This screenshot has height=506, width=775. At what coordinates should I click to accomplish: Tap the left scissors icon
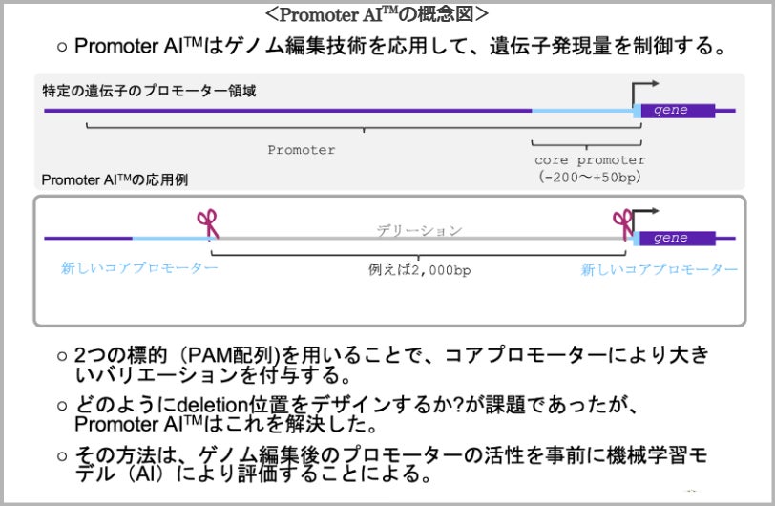[x=207, y=223]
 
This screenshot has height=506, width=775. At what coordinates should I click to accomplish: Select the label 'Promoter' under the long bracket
[x=301, y=150]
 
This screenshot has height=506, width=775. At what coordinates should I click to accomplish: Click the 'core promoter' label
[x=589, y=160]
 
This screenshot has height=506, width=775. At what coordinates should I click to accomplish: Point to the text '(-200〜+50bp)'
[x=589, y=178]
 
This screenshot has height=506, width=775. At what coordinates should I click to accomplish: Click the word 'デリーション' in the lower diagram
[x=418, y=231]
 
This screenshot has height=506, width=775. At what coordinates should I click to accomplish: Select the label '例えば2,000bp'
[x=419, y=270]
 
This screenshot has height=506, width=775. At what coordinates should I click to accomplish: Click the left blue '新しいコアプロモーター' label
[x=139, y=269]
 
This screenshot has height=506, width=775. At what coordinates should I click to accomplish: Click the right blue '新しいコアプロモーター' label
[x=659, y=270]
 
